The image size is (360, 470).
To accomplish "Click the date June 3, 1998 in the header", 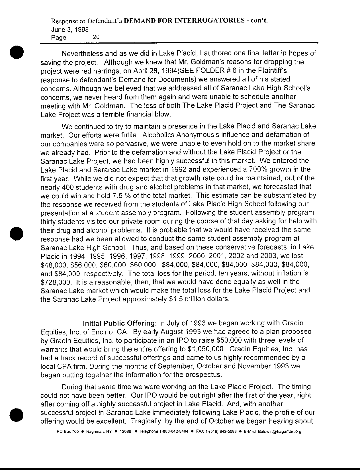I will point(69,29).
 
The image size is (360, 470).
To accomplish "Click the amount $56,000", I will point(84,265).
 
